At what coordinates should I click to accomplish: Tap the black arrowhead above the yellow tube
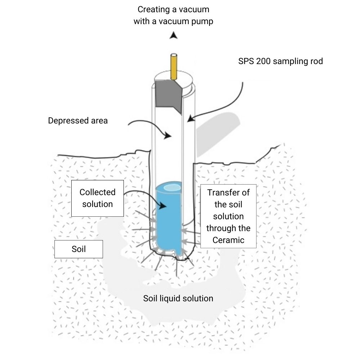click(174, 35)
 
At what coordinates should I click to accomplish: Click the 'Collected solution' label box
click(98, 198)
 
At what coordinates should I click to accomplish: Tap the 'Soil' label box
click(78, 249)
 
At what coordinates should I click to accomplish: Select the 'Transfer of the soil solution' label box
click(228, 216)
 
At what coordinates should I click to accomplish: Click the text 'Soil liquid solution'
click(178, 298)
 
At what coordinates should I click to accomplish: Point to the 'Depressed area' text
click(78, 121)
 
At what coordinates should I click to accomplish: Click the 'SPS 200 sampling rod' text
click(280, 61)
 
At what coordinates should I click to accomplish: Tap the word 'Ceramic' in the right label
click(228, 240)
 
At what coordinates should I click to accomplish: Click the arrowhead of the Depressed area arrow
click(168, 136)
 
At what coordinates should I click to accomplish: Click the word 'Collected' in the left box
click(98, 192)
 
